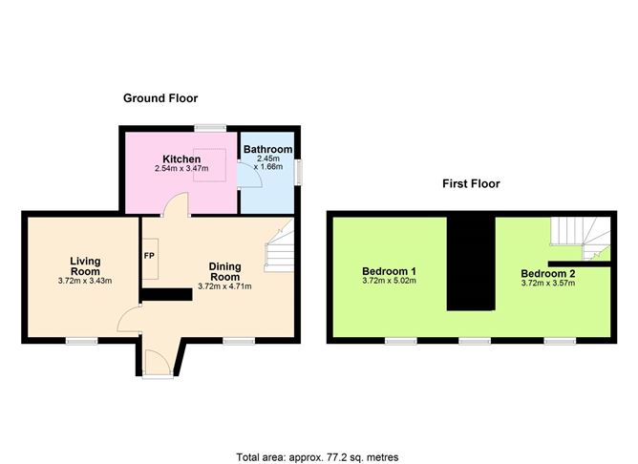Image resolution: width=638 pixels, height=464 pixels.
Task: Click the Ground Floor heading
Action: pyautogui.click(x=160, y=98)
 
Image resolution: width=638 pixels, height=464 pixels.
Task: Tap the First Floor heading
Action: pyautogui.click(x=471, y=184)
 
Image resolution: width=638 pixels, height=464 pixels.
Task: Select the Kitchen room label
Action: pyautogui.click(x=181, y=159)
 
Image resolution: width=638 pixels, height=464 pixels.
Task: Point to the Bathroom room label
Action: pyautogui.click(x=267, y=149)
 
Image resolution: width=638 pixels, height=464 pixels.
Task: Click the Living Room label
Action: pyautogui.click(x=85, y=266)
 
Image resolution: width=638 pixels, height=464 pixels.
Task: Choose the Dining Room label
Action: pyautogui.click(x=224, y=272)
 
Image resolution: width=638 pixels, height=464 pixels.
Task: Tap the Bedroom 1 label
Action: pyautogui.click(x=389, y=271)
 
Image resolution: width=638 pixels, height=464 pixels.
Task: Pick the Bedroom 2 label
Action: pyautogui.click(x=548, y=273)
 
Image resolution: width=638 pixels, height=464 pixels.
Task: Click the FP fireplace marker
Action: pyautogui.click(x=149, y=256)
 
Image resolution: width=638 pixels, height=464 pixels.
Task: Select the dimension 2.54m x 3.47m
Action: pyautogui.click(x=181, y=168)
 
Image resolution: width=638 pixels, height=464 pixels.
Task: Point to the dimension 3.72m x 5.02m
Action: pyautogui.click(x=389, y=281)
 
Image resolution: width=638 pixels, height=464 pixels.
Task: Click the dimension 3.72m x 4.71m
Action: pyautogui.click(x=224, y=286)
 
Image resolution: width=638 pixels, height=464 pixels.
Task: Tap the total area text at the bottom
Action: pyautogui.click(x=317, y=457)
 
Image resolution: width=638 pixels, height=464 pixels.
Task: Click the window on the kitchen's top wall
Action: pyautogui.click(x=210, y=128)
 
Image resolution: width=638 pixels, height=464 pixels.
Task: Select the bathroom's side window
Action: pyautogui.click(x=298, y=172)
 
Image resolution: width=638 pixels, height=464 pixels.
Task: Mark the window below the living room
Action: pyautogui.click(x=82, y=341)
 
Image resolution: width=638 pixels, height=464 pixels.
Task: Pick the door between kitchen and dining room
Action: pyautogui.click(x=176, y=203)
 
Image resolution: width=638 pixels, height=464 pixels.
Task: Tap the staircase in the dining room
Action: pyautogui.click(x=279, y=245)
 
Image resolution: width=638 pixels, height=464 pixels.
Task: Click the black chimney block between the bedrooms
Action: pyautogui.click(x=471, y=264)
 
